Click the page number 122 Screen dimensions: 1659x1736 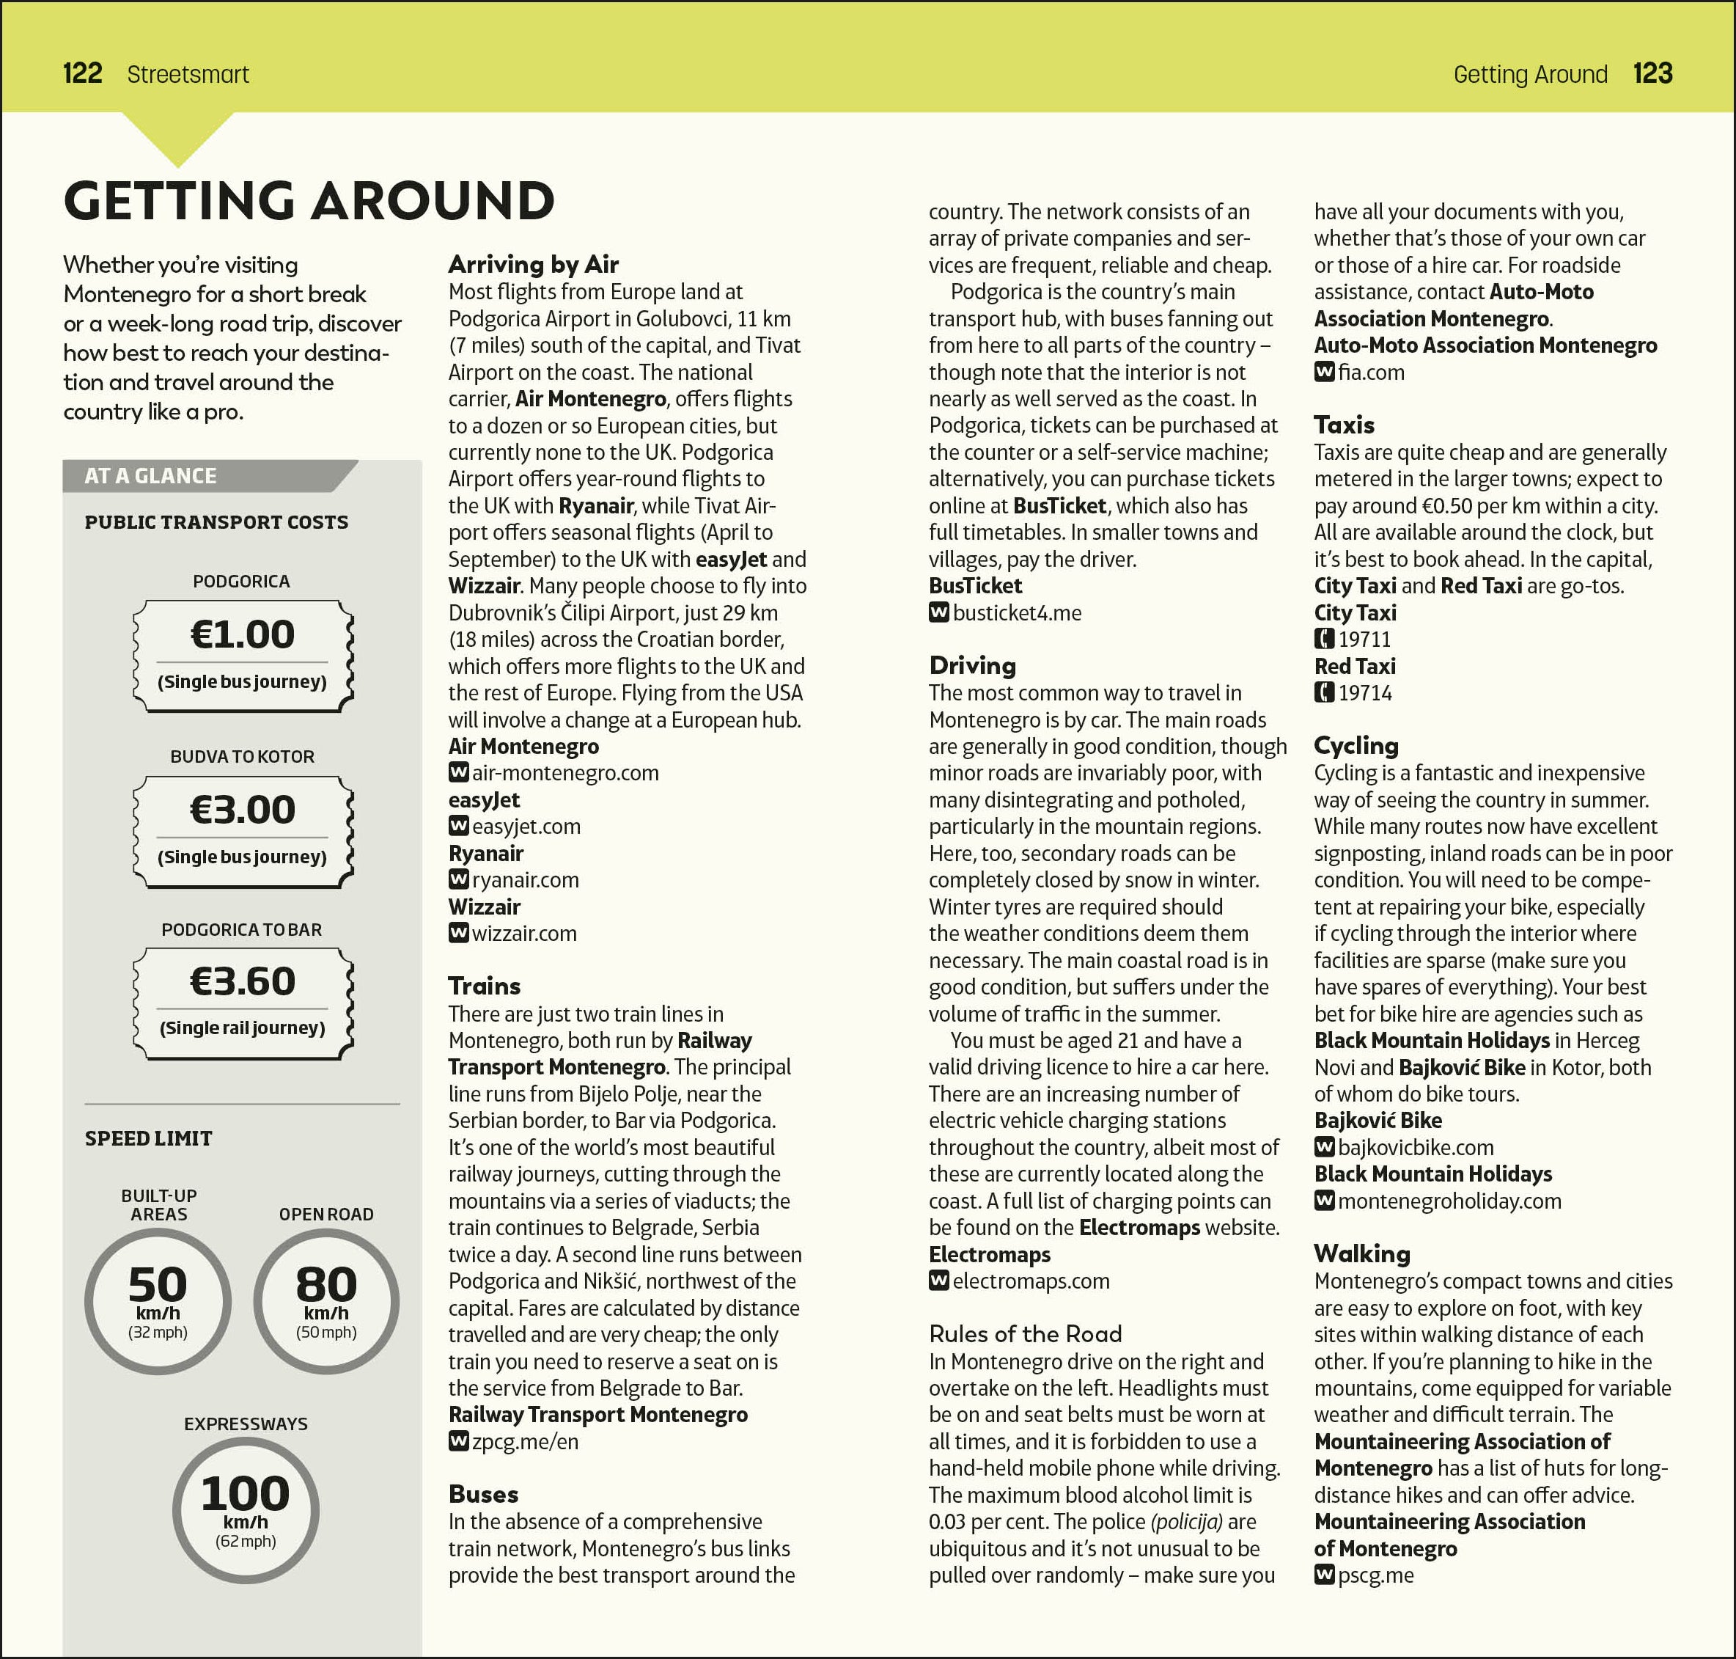pyautogui.click(x=82, y=73)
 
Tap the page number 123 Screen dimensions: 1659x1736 pyautogui.click(x=1652, y=73)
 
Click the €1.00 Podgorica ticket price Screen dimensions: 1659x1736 pyautogui.click(x=242, y=634)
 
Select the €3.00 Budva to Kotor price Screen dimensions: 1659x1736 pyautogui.click(x=242, y=809)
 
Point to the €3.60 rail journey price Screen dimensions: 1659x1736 pyautogui.click(x=242, y=981)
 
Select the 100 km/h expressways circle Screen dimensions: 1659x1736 pyautogui.click(x=246, y=1509)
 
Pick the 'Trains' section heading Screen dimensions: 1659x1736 pyautogui.click(x=484, y=986)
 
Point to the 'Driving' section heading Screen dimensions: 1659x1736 pyautogui.click(x=972, y=665)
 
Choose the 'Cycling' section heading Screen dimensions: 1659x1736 pyautogui.click(x=1356, y=745)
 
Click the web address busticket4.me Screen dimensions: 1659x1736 pyautogui.click(x=1017, y=613)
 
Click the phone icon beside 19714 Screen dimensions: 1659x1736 pyautogui.click(x=1323, y=692)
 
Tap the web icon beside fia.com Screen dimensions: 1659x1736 pyautogui.click(x=1323, y=373)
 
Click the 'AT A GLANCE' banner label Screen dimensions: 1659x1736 pyautogui.click(x=150, y=476)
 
